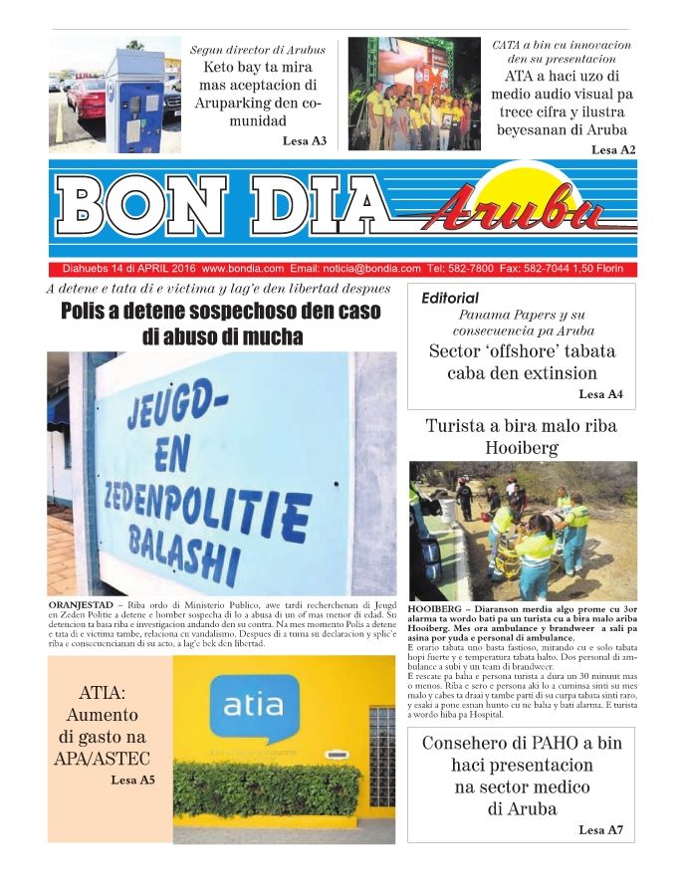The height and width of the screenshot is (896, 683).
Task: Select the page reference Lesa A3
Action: click(305, 141)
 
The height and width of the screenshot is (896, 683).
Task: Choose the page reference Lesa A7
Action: click(600, 829)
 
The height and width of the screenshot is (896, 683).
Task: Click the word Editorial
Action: click(450, 298)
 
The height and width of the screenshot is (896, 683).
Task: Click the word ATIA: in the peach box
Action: click(108, 694)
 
